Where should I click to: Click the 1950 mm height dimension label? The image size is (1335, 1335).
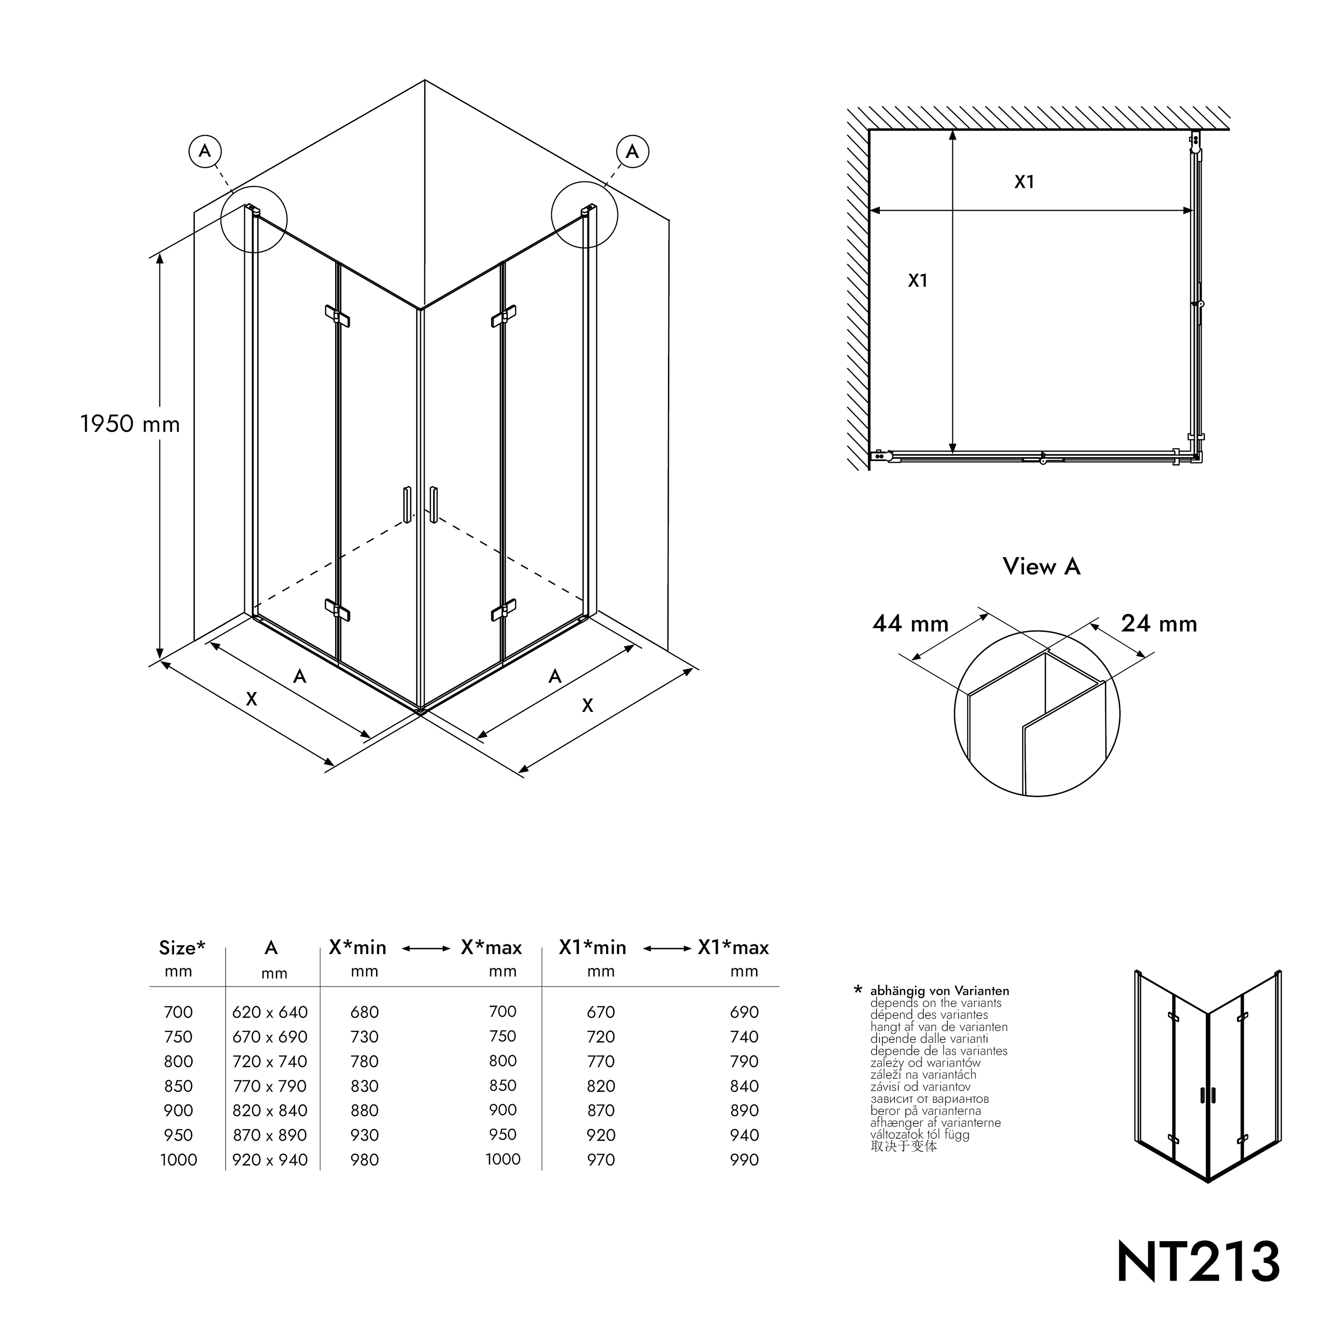130,424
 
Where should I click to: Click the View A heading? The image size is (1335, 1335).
1041,566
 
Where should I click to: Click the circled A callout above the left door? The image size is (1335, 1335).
205,151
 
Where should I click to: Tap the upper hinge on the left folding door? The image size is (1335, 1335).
337,316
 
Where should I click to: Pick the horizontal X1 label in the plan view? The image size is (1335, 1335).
1023,182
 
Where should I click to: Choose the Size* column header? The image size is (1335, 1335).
182,947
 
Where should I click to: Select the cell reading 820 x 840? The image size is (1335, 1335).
270,1110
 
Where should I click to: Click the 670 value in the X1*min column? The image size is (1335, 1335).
600,1012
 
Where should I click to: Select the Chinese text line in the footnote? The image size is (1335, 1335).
903,1146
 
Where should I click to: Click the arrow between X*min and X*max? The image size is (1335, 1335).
426,949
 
